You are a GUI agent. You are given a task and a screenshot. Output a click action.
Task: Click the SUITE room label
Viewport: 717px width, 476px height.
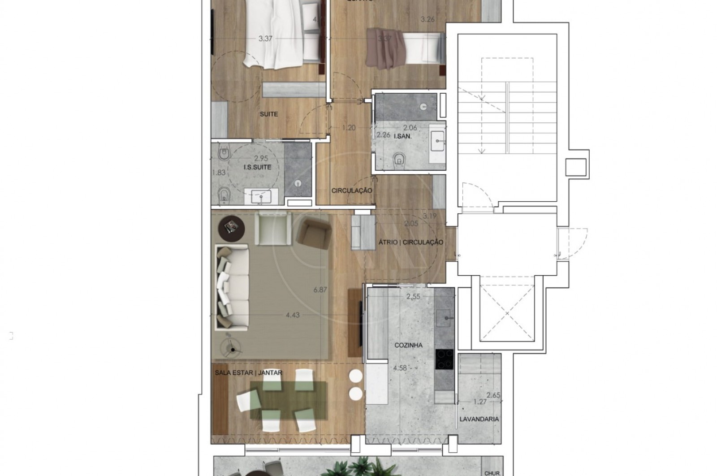[x=269, y=114]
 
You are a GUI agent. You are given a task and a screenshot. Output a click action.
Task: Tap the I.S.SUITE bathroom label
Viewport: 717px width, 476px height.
[x=258, y=167]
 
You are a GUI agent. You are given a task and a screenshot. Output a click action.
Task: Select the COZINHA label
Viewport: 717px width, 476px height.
[x=408, y=346]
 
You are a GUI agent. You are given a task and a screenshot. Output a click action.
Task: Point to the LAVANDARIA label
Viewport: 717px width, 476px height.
[x=479, y=420]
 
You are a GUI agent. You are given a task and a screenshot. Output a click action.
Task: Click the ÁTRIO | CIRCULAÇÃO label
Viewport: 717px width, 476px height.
[x=410, y=242]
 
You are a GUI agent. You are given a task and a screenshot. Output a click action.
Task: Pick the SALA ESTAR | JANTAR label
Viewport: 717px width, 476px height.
[x=248, y=372]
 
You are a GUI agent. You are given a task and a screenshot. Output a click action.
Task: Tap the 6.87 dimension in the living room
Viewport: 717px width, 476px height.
[x=320, y=290]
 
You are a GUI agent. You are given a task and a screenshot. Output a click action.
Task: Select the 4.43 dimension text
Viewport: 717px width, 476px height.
[x=292, y=315]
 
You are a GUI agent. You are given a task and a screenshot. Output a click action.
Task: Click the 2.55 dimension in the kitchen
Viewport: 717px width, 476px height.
[x=413, y=296]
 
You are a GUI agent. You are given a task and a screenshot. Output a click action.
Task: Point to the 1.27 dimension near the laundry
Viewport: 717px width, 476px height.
[x=479, y=402]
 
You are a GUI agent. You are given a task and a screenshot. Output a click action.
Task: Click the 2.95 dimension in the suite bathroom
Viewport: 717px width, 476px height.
[x=261, y=158]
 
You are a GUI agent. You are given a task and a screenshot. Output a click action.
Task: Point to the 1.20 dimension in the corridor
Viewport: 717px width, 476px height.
[x=349, y=128]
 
